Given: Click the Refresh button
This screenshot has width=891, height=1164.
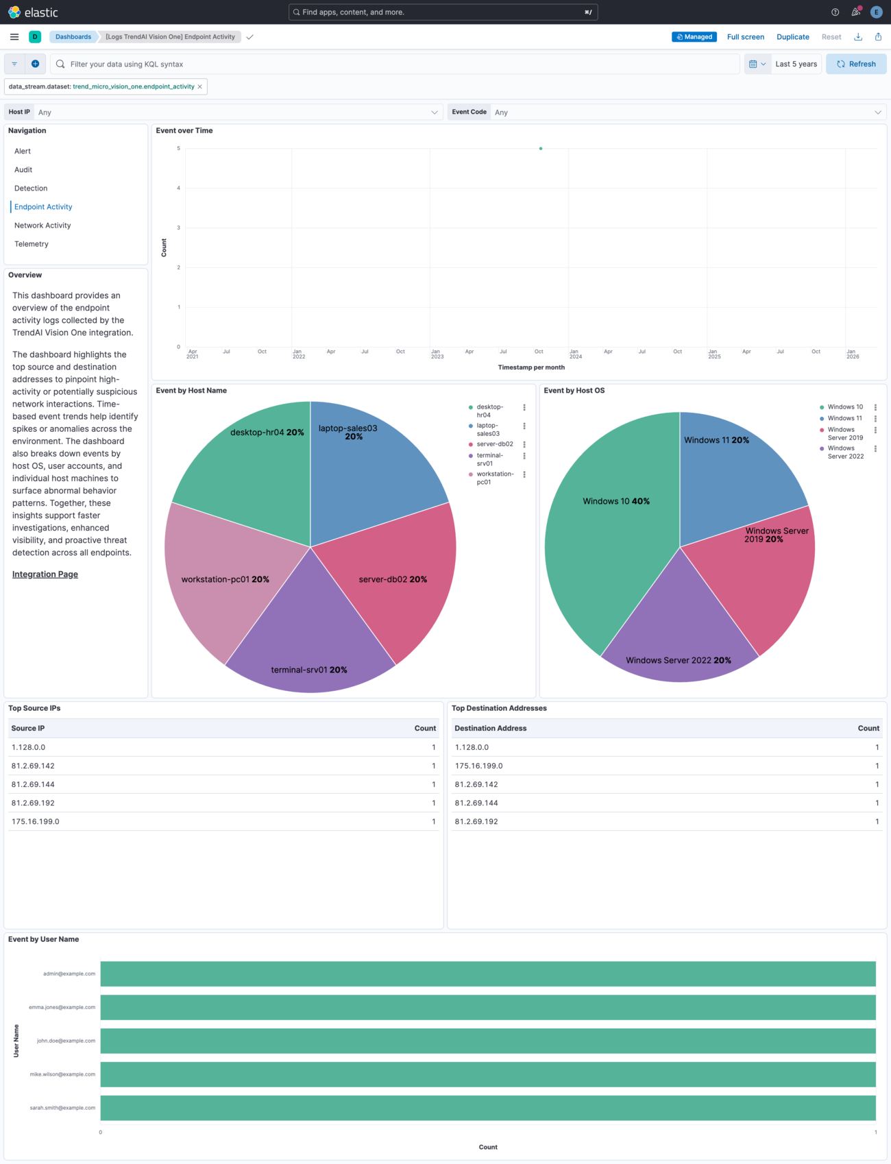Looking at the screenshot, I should [855, 64].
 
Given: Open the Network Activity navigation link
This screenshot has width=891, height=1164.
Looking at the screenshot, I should [42, 226].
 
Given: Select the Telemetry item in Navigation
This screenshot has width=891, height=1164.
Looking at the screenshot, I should [32, 244].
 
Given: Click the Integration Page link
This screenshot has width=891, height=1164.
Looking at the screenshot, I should [45, 574].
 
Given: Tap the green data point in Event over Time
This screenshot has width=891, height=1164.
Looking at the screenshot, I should [541, 148].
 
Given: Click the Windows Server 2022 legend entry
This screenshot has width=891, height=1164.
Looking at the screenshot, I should [845, 452].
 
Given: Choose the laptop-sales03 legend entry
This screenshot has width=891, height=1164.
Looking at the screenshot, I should [488, 430].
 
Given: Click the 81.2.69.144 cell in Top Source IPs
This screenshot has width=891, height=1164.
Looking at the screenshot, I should [33, 784].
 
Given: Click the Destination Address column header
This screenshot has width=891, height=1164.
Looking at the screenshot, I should [491, 728].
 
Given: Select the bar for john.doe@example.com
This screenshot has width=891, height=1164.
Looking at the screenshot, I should [488, 1041].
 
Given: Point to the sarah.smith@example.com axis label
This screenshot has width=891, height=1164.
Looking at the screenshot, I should [62, 1108].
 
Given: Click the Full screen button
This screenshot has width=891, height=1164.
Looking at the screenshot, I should [745, 37].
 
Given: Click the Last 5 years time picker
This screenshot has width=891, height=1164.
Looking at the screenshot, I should [796, 64].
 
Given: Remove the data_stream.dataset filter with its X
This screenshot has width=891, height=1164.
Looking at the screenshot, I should [200, 86].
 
